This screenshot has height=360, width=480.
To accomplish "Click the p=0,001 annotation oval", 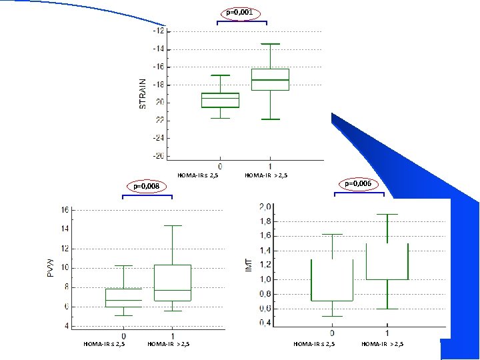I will pyautogui.click(x=241, y=13).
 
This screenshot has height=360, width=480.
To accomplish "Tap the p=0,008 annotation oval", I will pyautogui.click(x=146, y=186).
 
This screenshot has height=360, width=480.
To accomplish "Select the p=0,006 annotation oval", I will pyautogui.click(x=359, y=183).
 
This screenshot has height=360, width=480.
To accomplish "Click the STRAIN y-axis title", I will pyautogui.click(x=141, y=94).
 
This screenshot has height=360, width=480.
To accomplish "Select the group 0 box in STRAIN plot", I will pyautogui.click(x=220, y=100).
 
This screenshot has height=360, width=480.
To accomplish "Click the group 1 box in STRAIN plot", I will pyautogui.click(x=270, y=79).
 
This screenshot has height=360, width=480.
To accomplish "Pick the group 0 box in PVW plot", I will pyautogui.click(x=123, y=297).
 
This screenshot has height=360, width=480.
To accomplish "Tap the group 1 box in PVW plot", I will pyautogui.click(x=172, y=283).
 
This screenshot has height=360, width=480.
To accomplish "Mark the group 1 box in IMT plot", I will pyautogui.click(x=387, y=261).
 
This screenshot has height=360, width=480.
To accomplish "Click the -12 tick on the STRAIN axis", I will pyautogui.click(x=161, y=31).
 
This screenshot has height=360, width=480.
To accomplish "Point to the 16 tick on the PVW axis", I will pyautogui.click(x=65, y=209).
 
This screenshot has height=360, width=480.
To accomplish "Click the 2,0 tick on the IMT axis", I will pyautogui.click(x=265, y=206).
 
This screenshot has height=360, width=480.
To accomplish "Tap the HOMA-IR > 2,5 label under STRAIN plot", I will pyautogui.click(x=266, y=175).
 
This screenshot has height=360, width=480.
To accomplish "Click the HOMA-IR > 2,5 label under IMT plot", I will pyautogui.click(x=383, y=344).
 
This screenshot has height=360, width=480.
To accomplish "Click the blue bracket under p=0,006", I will pyautogui.click(x=359, y=194).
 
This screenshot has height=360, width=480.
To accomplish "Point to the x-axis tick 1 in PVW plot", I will pyautogui.click(x=173, y=335).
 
